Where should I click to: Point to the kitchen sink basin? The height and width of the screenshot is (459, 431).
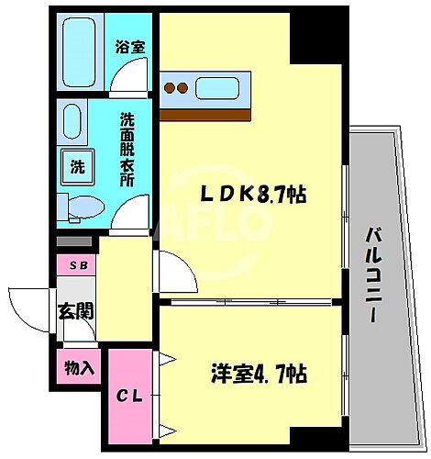click(221, 89)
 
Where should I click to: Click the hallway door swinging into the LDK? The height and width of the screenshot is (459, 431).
click(174, 275)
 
